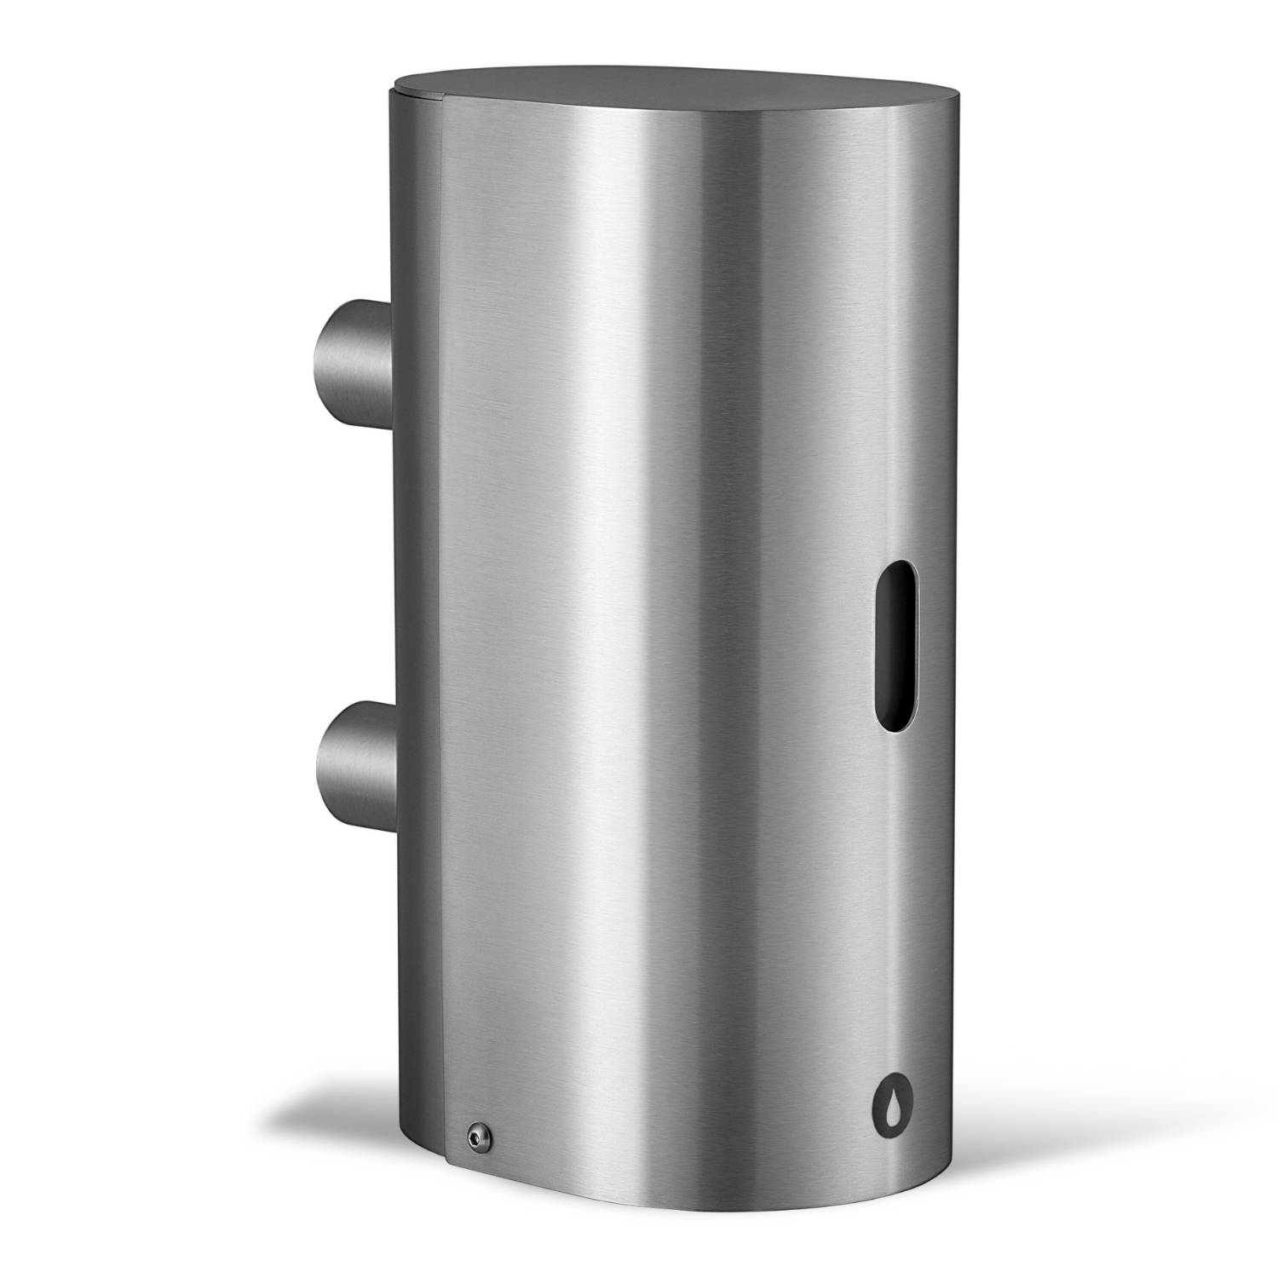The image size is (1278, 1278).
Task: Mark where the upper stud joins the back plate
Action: tap(386, 353)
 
